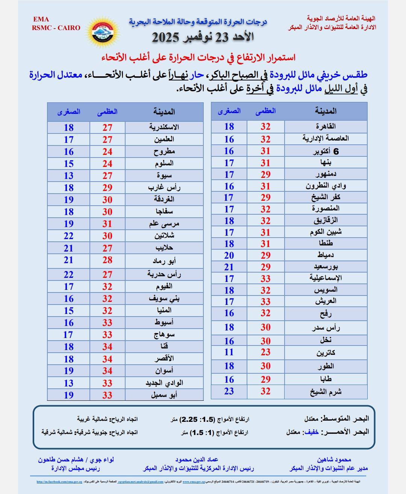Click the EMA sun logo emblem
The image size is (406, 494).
[103, 31]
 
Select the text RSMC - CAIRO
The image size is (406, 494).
[56, 28]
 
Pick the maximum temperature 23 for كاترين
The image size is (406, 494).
[265, 352]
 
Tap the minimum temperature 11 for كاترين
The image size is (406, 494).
[229, 352]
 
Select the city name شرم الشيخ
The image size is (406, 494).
[326, 391]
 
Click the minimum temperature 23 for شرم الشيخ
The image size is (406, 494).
[229, 391]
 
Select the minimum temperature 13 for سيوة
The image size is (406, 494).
[68, 176]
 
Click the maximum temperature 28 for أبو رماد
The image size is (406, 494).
[108, 260]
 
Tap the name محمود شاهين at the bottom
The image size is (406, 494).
[334, 460]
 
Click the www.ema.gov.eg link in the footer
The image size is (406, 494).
[194, 482]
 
